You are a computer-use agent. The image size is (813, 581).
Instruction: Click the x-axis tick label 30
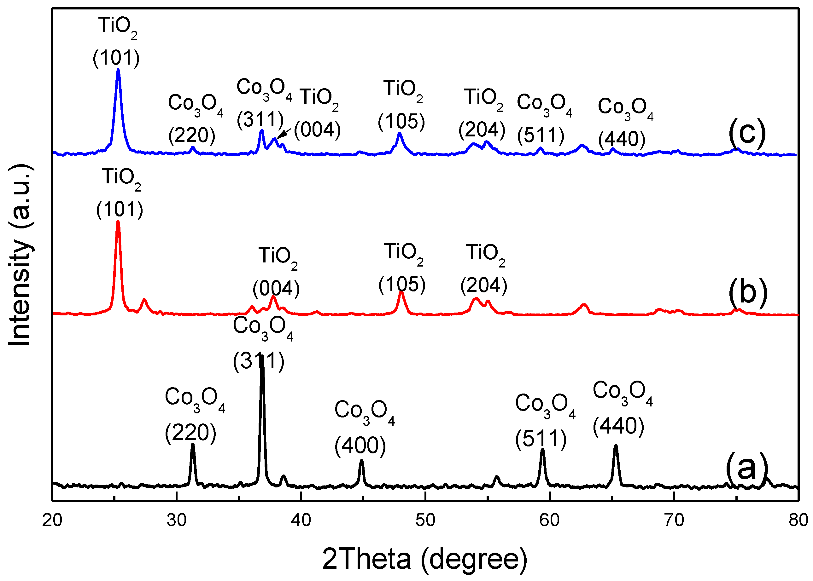[x=177, y=520]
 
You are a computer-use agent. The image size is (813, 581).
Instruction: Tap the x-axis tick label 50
[x=425, y=520]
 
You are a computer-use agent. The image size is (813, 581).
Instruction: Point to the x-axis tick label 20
[x=52, y=520]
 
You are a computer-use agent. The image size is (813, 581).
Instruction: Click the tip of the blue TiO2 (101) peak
[x=118, y=69]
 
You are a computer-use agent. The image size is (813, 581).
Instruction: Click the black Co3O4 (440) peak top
[x=616, y=446]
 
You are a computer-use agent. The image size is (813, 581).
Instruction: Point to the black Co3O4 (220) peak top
[x=193, y=444]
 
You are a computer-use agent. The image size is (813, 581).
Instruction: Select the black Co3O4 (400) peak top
[x=362, y=461]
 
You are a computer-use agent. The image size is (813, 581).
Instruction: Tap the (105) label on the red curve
[x=402, y=285]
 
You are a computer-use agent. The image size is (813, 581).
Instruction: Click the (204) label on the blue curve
[x=482, y=129]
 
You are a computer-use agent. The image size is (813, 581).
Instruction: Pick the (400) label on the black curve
[x=360, y=446]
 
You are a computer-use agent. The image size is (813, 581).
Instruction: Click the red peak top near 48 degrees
[x=401, y=293]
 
